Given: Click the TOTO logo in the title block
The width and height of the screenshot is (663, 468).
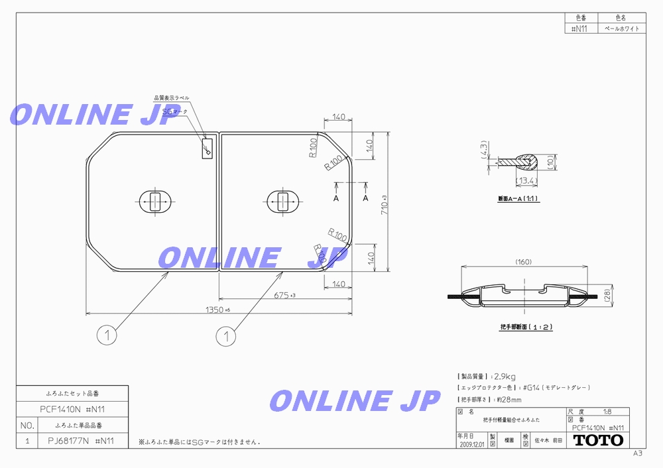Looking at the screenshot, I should coord(598,440).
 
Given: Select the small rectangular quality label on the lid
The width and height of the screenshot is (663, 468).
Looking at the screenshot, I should coord(207,148).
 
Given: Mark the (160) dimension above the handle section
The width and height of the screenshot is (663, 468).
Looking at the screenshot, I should coord(524,263).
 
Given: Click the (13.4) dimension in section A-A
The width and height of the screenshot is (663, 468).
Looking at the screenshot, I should coord(527,180).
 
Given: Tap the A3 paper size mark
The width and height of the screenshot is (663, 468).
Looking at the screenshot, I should coord(637,453).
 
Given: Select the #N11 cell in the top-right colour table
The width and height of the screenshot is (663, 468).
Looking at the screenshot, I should coord(579,29).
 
